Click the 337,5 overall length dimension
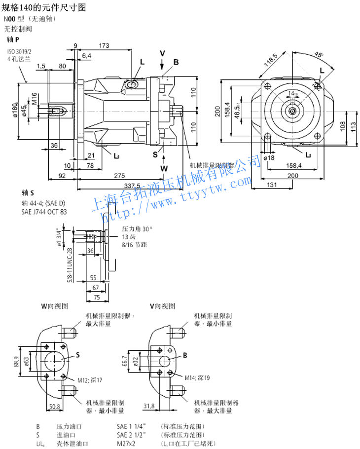(132, 185)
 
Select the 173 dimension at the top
(104, 46)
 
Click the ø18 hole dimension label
(269, 158)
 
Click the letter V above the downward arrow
(163, 53)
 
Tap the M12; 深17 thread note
(90, 380)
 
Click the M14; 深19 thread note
(197, 377)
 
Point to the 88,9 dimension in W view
(16, 361)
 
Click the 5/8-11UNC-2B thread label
(70, 263)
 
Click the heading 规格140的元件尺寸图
(44, 7)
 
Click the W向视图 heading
(55, 306)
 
